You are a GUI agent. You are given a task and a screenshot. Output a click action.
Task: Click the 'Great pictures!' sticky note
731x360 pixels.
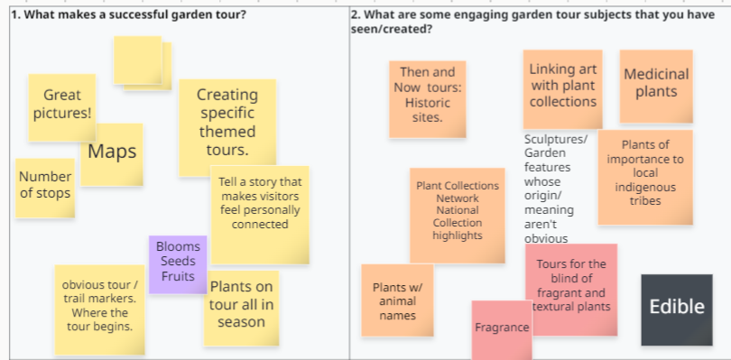tap(62, 107)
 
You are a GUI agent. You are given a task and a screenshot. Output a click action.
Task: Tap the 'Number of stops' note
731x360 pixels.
tap(45, 188)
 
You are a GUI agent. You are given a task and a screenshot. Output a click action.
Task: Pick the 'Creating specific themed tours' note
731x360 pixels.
tap(227, 128)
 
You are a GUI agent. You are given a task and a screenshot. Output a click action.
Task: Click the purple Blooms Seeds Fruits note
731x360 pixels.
tap(178, 264)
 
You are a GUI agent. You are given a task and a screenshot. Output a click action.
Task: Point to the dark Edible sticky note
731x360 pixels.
tap(677, 310)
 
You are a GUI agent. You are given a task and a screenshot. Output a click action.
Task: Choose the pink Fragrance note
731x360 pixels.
tap(502, 329)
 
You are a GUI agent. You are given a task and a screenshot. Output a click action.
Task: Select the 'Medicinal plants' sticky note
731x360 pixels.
tap(656, 87)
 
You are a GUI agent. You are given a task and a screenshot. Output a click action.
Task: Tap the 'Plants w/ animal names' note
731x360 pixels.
tap(397, 300)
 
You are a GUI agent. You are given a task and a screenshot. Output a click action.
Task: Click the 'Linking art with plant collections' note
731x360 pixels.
tap(563, 89)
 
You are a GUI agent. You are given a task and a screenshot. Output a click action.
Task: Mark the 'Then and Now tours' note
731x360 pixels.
tap(428, 99)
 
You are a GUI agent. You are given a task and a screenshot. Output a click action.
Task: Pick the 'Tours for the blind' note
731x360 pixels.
tap(571, 290)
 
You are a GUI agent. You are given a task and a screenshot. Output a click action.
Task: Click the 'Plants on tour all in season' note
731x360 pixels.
tap(241, 309)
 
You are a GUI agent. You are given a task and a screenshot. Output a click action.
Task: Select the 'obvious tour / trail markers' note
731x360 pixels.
tap(100, 310)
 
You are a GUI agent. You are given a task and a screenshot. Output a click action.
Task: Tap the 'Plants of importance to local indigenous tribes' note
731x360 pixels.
tap(645, 177)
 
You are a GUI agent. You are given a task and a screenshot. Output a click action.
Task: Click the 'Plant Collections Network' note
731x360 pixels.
tap(458, 216)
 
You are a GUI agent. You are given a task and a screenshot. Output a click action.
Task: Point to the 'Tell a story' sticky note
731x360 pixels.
tap(260, 215)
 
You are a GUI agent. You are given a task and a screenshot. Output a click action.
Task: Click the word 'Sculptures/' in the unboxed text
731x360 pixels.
tap(556, 140)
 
